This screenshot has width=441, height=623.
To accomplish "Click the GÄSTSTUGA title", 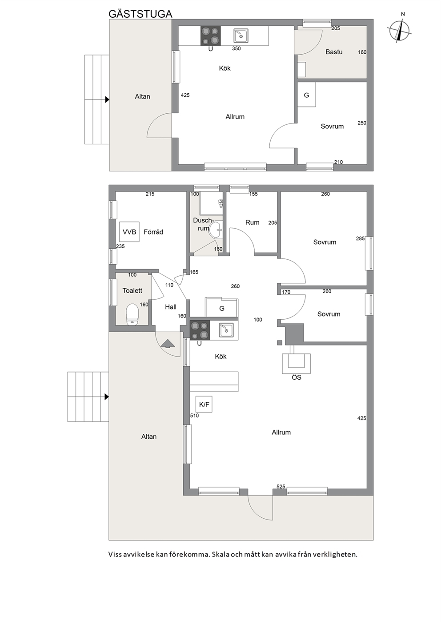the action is point(140,14).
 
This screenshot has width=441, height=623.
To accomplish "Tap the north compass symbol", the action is point(400,29).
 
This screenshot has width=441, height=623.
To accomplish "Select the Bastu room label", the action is point(334,52).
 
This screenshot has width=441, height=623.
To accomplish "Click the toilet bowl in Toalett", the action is point(132,314).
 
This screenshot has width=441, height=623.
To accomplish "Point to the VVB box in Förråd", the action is point(129,232).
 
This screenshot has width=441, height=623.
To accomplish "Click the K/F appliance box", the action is point(204,404).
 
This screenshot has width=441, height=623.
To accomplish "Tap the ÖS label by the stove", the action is point(296,377).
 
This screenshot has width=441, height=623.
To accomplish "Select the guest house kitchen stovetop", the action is point(210,36).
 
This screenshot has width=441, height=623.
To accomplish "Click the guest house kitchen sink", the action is point(241,36).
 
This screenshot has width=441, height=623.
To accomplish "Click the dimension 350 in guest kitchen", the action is point(236,49).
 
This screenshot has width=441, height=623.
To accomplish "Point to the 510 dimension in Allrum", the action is point(194,416).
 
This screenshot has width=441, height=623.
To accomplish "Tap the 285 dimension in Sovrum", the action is point(360,238).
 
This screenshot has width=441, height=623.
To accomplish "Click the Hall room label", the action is point(171,307).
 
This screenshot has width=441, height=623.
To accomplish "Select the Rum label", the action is point(252,222).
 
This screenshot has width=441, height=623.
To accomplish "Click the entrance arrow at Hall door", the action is point(168,344).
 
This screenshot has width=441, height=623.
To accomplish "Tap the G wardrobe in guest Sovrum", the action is point(307,95).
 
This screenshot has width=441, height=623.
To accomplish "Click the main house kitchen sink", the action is point(226,330).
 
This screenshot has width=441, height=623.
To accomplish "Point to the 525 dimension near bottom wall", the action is point(281,486).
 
